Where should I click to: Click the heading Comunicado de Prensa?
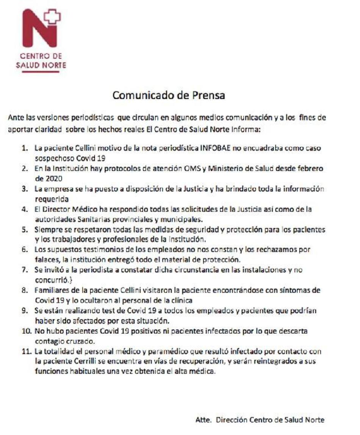click(169, 95)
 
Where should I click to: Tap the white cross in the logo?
click(52, 16)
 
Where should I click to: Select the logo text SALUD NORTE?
click(41, 65)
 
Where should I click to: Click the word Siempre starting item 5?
click(46, 230)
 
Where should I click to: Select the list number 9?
click(25, 311)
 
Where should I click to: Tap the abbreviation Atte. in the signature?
click(203, 420)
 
